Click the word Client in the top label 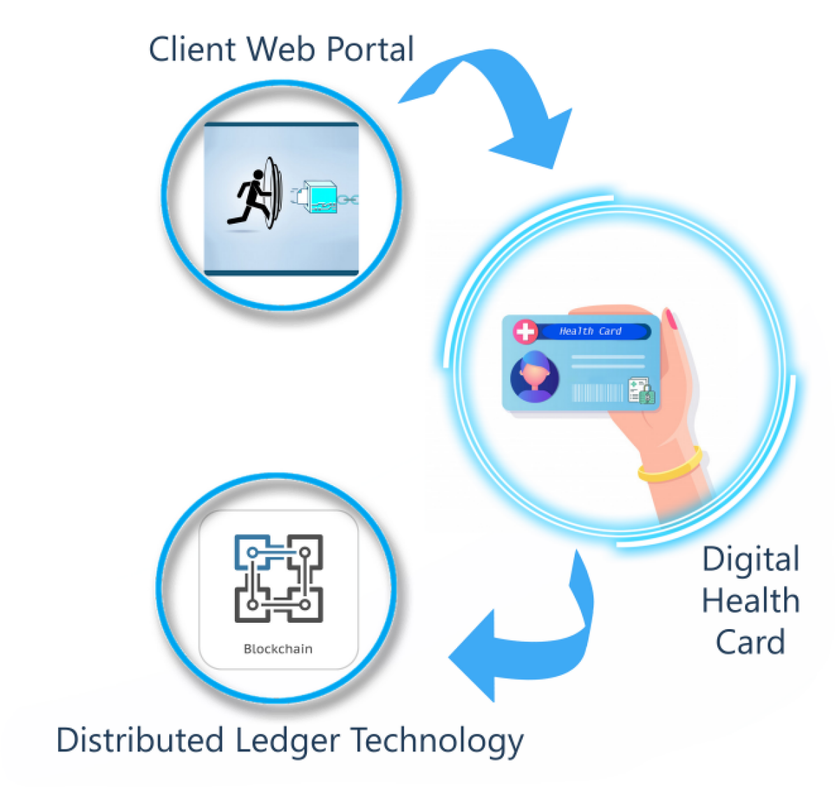tap(191, 50)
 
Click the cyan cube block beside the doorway tap(319, 197)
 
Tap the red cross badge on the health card tap(526, 331)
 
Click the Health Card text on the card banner tap(590, 331)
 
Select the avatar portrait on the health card tap(535, 377)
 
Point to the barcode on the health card tap(597, 393)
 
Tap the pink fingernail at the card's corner tap(672, 319)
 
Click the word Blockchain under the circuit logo tap(278, 649)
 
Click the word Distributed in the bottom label tap(140, 740)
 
